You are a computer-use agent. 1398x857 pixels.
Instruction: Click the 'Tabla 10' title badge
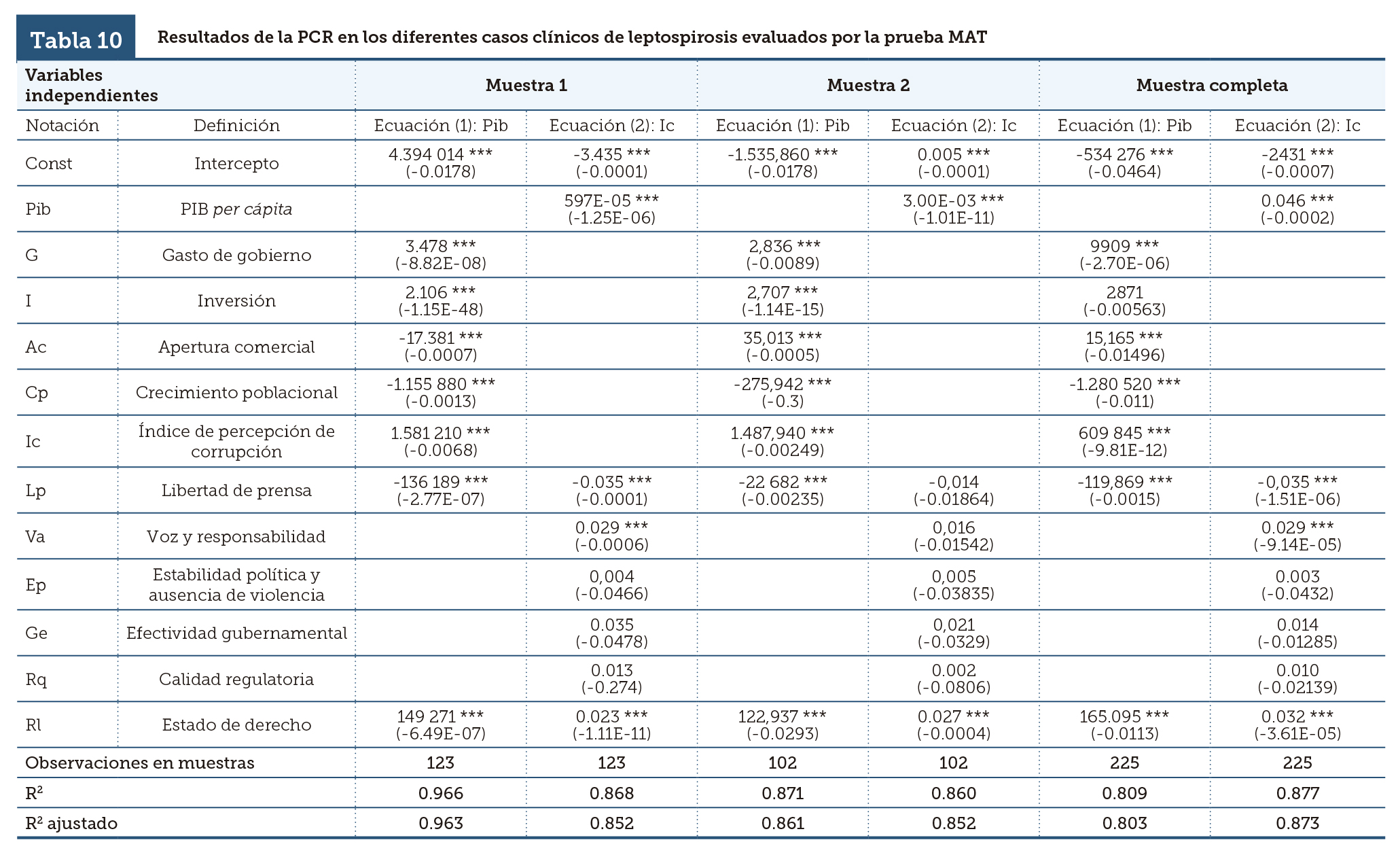point(76,40)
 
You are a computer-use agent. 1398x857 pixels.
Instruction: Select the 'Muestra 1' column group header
point(526,86)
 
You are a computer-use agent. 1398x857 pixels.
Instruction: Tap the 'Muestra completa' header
point(1211,86)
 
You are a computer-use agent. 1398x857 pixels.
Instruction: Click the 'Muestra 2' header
point(867,86)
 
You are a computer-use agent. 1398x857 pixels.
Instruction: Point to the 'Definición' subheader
point(236,126)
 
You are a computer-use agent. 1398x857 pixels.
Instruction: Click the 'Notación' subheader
point(62,126)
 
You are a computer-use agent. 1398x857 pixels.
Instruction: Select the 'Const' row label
point(48,164)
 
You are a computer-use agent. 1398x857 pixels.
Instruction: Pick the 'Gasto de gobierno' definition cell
point(236,256)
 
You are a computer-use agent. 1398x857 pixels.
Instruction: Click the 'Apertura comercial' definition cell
point(236,347)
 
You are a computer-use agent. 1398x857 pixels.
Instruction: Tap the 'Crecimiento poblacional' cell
point(236,393)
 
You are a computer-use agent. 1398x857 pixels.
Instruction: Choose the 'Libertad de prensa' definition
point(236,491)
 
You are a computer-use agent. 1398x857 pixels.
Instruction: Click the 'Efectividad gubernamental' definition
point(236,633)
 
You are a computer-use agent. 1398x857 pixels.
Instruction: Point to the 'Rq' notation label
point(36,680)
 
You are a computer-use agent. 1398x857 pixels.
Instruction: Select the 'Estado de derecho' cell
point(236,725)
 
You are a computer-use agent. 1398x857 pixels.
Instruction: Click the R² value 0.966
point(440,793)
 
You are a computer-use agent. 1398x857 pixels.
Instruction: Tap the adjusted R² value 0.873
point(1297,824)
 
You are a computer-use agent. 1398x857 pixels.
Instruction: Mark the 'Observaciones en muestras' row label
point(139,763)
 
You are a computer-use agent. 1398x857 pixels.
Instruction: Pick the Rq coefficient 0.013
point(611,671)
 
